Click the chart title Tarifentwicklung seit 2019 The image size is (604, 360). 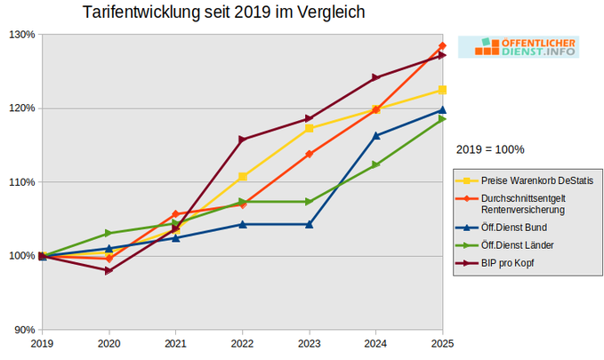pos(222,13)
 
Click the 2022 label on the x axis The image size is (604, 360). pos(242,342)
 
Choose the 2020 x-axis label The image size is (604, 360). pos(109,342)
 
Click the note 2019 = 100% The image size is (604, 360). pos(490,148)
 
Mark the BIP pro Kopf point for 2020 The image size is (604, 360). pos(109,270)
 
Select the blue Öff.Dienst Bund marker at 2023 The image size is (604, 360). pos(309,224)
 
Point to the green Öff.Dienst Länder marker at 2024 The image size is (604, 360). pos(375,164)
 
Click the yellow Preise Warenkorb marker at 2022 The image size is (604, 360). pos(242,177)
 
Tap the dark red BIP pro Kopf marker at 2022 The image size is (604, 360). pos(242,140)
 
